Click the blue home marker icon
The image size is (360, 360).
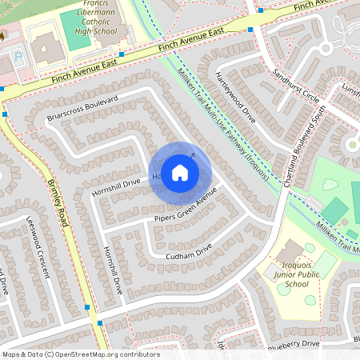click(x=180, y=171)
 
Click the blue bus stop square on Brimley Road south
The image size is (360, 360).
click(x=99, y=323)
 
